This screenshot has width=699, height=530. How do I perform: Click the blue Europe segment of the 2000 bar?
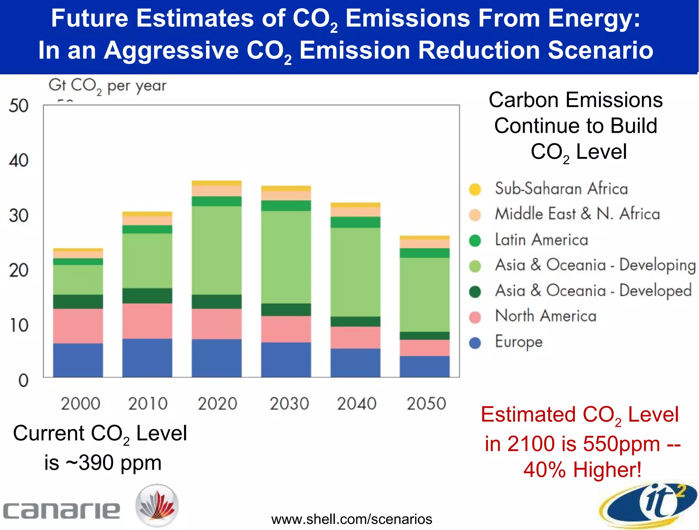[x=78, y=360]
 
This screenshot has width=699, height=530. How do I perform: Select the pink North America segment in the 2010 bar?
[x=147, y=321]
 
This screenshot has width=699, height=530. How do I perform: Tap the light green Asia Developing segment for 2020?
[x=216, y=250]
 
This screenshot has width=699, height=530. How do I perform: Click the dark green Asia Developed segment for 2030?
[x=286, y=310]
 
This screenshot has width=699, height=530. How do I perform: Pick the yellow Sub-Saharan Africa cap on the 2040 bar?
[x=355, y=205]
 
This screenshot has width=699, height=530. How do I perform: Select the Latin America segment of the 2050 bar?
[x=425, y=253]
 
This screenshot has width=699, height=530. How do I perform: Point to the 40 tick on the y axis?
[x=19, y=160]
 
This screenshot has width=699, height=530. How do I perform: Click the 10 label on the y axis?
[x=19, y=325]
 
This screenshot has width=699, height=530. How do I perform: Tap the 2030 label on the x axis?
[x=289, y=403]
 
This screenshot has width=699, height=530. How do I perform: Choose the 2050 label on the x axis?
[x=426, y=403]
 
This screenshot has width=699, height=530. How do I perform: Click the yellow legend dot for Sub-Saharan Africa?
[x=475, y=189]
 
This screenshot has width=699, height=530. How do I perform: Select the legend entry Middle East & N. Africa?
[x=577, y=214]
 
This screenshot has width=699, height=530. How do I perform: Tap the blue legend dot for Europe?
[x=475, y=343]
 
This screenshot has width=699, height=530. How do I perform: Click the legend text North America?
[x=546, y=316]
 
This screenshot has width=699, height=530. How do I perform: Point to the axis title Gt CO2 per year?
[x=107, y=86]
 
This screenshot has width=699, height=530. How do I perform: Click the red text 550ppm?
[x=621, y=444]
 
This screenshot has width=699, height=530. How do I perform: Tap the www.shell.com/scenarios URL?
[x=352, y=519]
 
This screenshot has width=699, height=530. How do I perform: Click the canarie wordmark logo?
[x=61, y=510]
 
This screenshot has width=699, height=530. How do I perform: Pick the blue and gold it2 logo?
[x=648, y=504]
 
